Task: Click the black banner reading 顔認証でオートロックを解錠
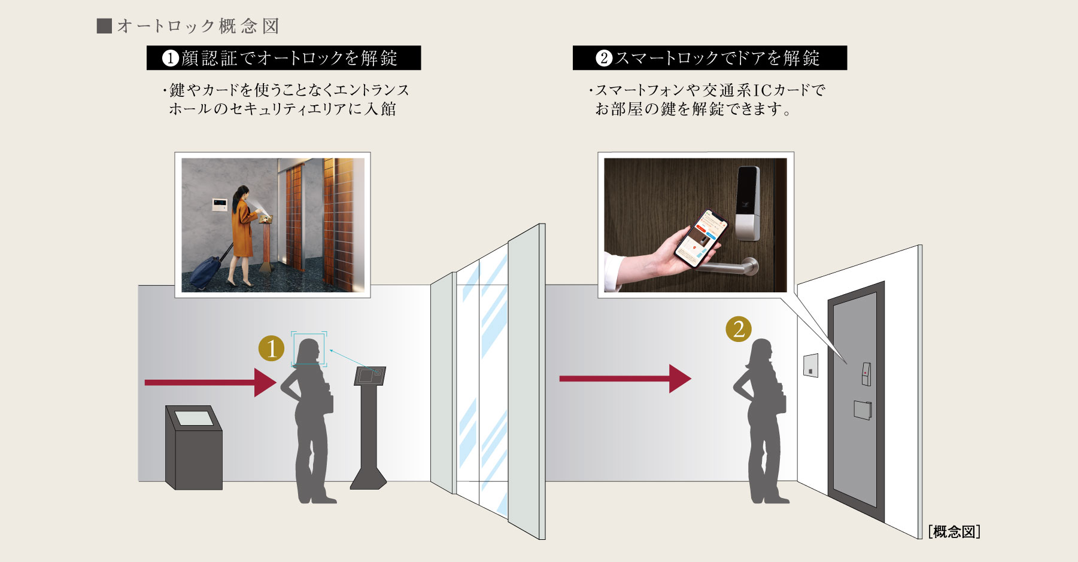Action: pyautogui.click(x=284, y=58)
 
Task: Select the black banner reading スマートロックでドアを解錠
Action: pyautogui.click(x=710, y=58)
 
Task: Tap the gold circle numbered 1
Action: pyautogui.click(x=271, y=349)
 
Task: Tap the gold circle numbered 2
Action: pyautogui.click(x=739, y=329)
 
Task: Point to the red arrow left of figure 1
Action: pyautogui.click(x=211, y=383)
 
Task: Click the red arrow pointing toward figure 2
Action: pyautogui.click(x=625, y=378)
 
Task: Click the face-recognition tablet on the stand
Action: pyautogui.click(x=371, y=376)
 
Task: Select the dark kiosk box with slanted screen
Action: pyautogui.click(x=194, y=448)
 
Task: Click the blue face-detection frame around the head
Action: pyautogui.click(x=309, y=349)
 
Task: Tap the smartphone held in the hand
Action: pyautogui.click(x=702, y=238)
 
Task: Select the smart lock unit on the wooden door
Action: pyautogui.click(x=748, y=203)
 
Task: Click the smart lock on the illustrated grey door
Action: pyautogui.click(x=866, y=374)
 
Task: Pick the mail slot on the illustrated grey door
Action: pyautogui.click(x=862, y=410)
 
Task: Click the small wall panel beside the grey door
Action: pyautogui.click(x=810, y=365)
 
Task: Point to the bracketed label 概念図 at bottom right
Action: pyautogui.click(x=954, y=532)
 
